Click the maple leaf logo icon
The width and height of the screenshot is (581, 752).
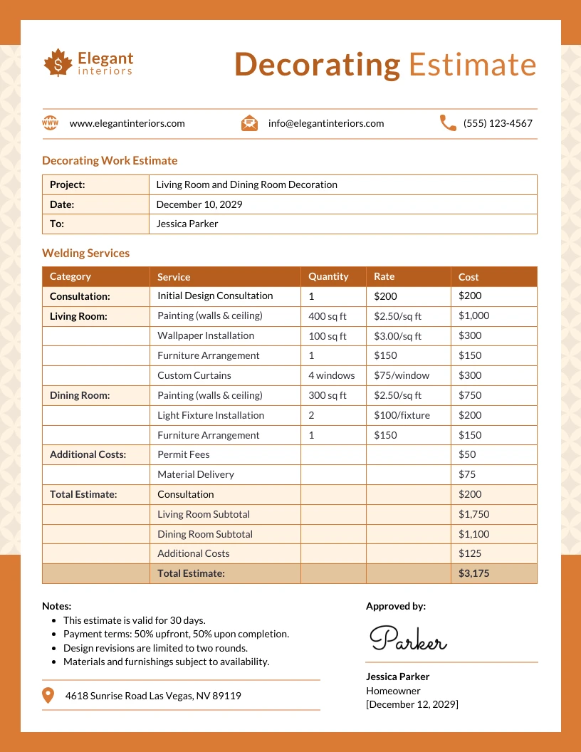pos(58,63)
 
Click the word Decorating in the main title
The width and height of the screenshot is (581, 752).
pos(317,65)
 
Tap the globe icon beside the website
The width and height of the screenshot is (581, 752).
pos(51,123)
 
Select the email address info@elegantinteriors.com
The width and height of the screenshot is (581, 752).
pos(325,123)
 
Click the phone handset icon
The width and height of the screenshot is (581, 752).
pos(448,123)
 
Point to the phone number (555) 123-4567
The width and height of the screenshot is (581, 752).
pos(498,123)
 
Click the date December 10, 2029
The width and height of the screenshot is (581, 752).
pos(199,204)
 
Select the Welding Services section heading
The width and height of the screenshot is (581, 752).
pos(85,253)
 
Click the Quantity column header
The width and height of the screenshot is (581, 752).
pos(328,276)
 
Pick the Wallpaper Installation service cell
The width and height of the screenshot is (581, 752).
pos(206,335)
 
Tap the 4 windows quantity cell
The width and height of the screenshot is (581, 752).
pos(331,375)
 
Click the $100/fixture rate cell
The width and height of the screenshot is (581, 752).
pos(402,415)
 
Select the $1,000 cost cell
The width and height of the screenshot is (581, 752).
pos(473,315)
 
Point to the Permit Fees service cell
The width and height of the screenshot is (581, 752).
pos(184,454)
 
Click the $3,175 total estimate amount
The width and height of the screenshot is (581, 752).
pos(473,573)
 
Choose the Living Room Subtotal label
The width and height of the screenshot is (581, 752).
pos(204,514)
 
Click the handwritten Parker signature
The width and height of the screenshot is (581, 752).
pos(408,639)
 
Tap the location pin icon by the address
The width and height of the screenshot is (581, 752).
pos(48,695)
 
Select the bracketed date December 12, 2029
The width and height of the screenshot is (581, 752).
pos(412,704)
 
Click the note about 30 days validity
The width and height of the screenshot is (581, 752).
pos(134,620)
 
